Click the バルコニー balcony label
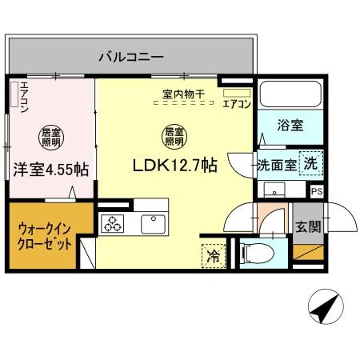point(131,57)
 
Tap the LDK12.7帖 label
point(176,166)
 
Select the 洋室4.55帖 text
point(50,169)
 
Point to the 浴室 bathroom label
point(290,126)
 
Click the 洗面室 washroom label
point(276,164)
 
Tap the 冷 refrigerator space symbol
point(214,255)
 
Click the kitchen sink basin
point(151,222)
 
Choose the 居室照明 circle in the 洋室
point(49,135)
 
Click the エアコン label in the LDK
point(238,103)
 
